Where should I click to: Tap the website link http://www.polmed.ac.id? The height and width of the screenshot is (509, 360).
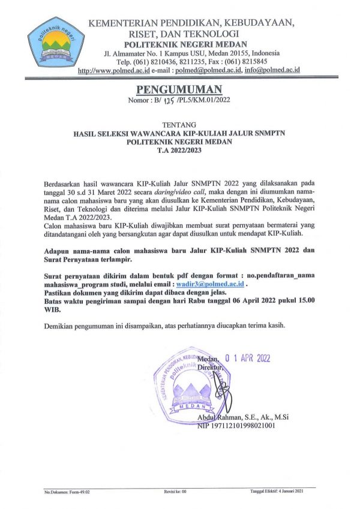[117, 70]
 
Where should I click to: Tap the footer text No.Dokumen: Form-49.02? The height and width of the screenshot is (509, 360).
[67, 492]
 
